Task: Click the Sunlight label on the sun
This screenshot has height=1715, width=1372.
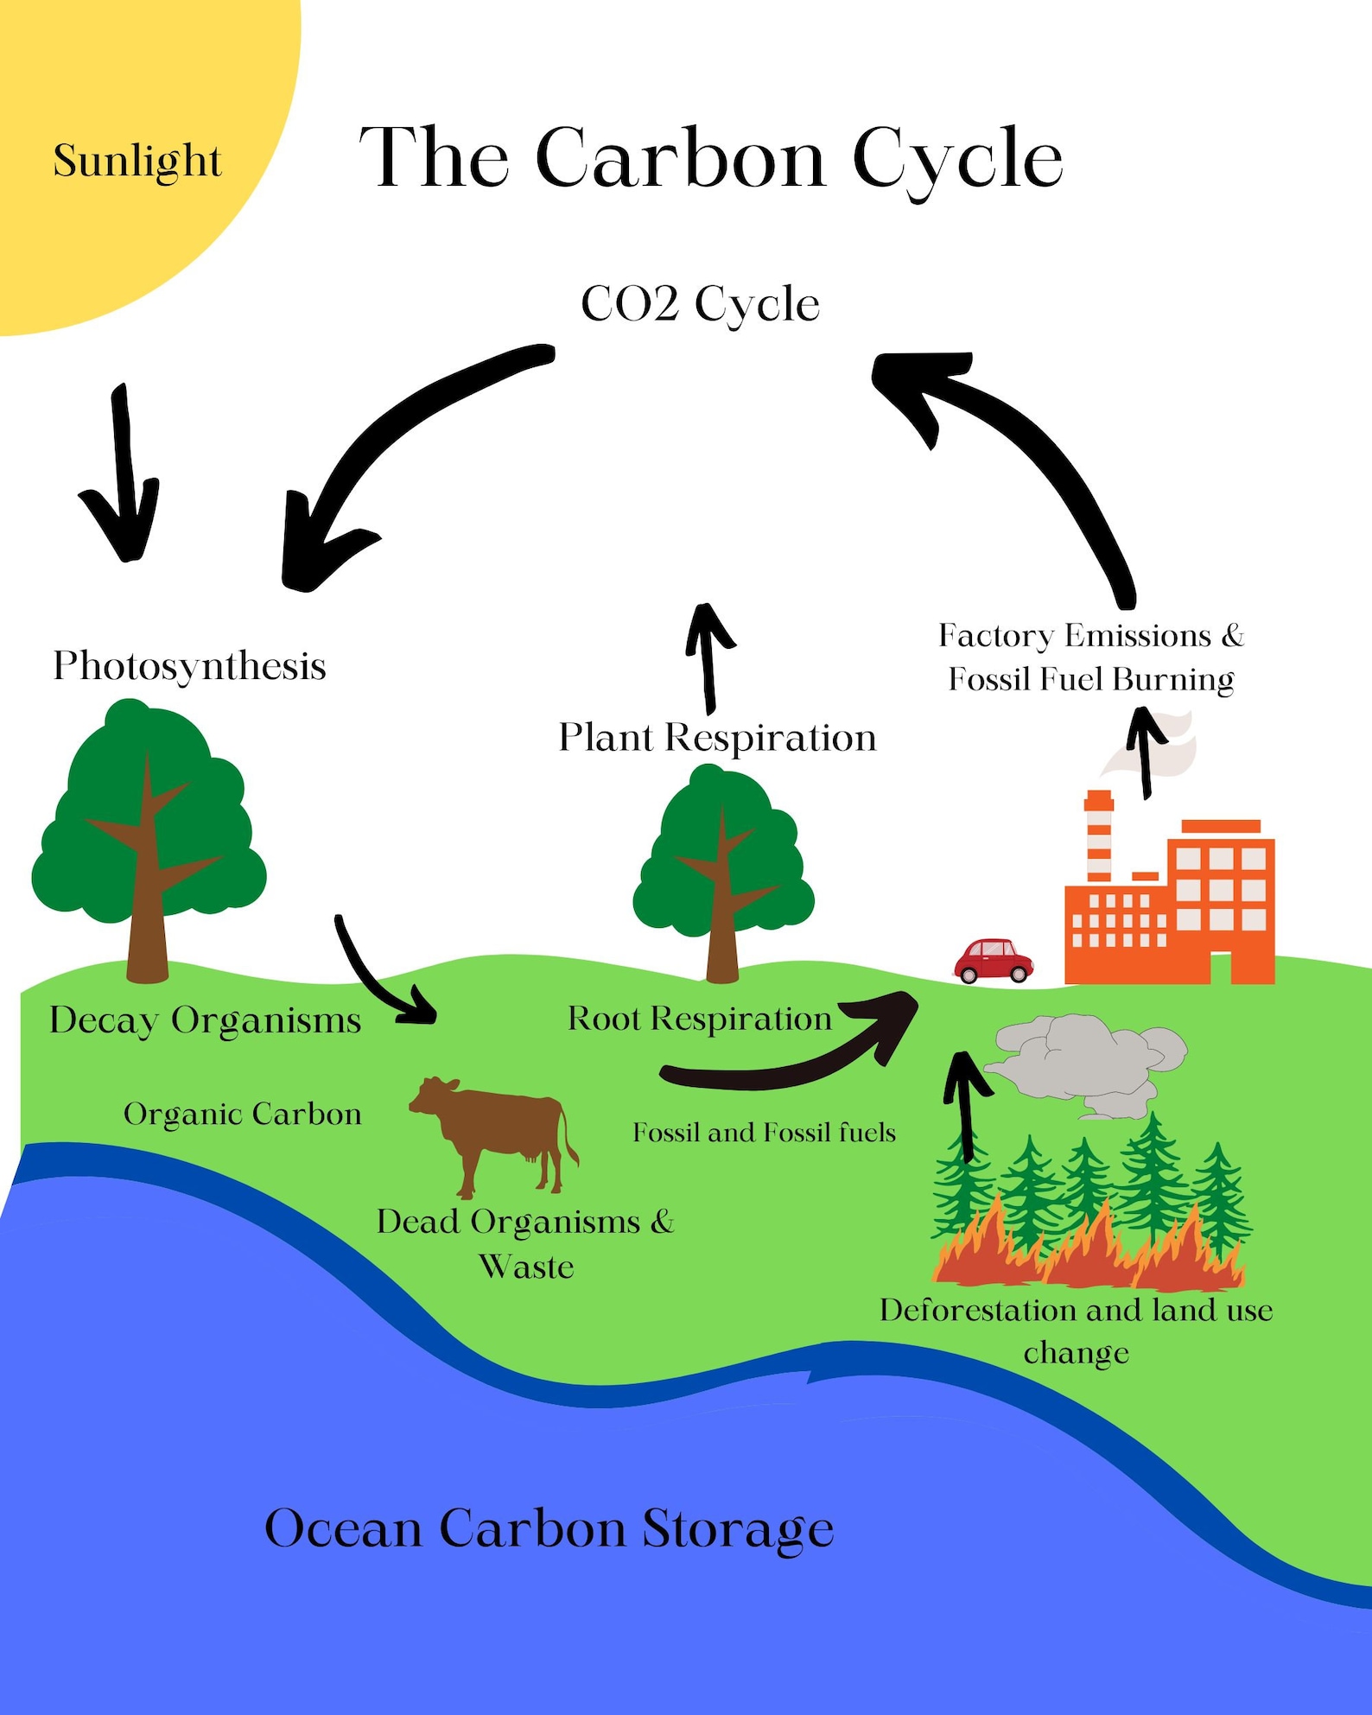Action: click(x=137, y=162)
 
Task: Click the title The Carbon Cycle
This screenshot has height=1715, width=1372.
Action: click(x=710, y=158)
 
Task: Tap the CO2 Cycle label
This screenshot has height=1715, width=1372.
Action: click(x=700, y=304)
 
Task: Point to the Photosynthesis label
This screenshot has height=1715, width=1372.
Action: click(x=189, y=666)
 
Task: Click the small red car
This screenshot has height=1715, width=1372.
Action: click(x=994, y=961)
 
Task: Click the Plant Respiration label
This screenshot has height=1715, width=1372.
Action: click(x=717, y=738)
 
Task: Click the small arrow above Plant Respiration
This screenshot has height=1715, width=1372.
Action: click(x=708, y=657)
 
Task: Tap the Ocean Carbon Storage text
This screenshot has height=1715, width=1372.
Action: click(x=549, y=1528)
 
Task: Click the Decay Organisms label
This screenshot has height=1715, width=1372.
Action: click(x=205, y=1020)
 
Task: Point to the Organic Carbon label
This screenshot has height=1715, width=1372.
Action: click(x=242, y=1115)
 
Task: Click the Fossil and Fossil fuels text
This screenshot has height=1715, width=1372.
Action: click(x=764, y=1133)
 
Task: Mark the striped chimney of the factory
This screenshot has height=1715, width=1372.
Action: click(x=1098, y=838)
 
